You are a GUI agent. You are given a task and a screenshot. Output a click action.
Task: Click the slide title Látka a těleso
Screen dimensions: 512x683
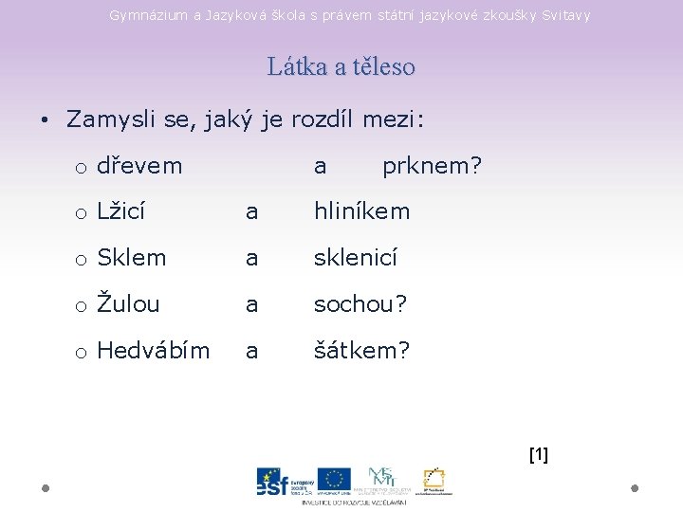pos(341,67)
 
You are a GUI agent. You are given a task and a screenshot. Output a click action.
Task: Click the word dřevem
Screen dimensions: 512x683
pos(139,166)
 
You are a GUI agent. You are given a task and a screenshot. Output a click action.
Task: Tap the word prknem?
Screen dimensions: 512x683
pos(432,166)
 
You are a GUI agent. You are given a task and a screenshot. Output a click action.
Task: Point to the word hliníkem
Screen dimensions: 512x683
pos(362,211)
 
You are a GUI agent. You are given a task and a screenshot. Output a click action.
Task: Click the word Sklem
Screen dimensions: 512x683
pos(132,258)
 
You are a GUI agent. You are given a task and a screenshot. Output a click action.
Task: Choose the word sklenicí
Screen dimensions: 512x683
pos(356,258)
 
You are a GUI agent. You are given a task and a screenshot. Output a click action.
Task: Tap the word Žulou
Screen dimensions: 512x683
pos(128,304)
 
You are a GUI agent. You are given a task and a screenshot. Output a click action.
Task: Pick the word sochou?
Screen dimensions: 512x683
pos(360,304)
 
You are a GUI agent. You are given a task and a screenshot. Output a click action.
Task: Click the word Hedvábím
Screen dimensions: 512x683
pos(154,351)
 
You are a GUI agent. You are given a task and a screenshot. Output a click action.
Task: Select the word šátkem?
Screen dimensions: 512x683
pos(362,351)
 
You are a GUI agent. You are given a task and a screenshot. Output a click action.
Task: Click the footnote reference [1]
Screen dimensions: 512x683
pos(538,455)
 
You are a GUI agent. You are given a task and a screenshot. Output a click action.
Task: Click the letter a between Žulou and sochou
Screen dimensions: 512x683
pos(251,304)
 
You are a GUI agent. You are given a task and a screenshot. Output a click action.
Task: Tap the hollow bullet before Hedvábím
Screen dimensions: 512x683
pos(82,353)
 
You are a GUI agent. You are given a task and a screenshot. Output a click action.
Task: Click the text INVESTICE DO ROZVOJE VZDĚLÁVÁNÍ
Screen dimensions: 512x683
pos(354,502)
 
